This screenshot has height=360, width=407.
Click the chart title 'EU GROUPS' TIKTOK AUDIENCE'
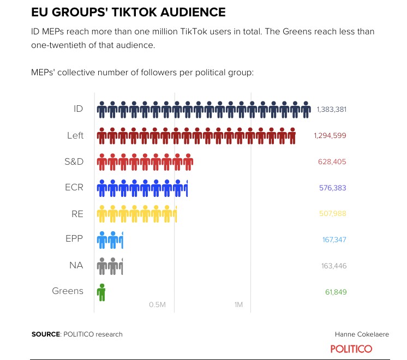click(128, 11)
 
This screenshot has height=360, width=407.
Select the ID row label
click(78, 109)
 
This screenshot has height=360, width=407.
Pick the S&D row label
click(74, 161)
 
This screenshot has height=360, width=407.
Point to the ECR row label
click(74, 187)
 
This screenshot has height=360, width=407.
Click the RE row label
click(77, 213)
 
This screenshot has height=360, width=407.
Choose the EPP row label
click(74, 239)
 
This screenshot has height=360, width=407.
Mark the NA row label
click(76, 265)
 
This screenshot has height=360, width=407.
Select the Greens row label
click(68, 291)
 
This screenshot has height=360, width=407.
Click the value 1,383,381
click(331, 109)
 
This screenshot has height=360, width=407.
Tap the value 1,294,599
click(330, 135)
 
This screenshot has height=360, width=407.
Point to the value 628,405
click(332, 161)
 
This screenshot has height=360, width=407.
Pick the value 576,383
click(332, 188)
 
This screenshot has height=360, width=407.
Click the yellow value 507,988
click(332, 214)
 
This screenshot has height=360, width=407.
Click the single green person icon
click(101, 292)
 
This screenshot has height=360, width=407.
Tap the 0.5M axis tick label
click(157, 304)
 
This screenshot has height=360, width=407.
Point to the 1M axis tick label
click(238, 304)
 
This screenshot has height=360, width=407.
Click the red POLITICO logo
click(351, 349)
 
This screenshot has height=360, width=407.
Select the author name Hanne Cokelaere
click(362, 334)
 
